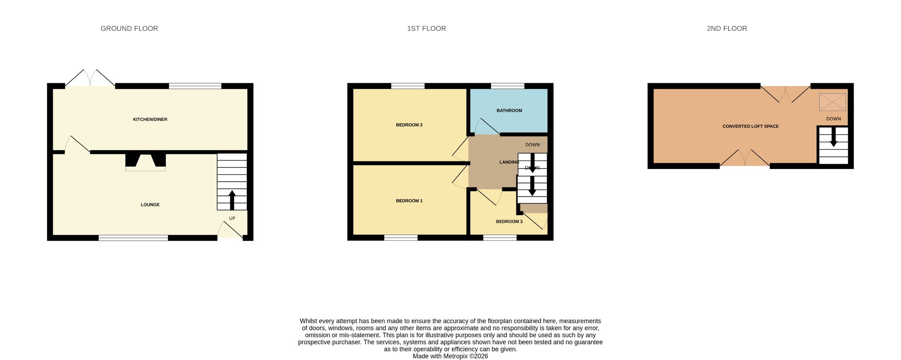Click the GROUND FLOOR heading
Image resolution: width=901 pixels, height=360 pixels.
coord(129,29)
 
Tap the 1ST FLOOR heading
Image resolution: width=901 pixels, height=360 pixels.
coord(426,29)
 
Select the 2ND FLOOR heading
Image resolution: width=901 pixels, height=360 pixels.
coord(727,29)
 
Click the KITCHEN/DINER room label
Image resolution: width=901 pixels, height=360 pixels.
coord(150,119)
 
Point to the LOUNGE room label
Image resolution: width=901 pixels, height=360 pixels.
coord(150,205)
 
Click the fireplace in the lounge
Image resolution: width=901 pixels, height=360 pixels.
coord(146,162)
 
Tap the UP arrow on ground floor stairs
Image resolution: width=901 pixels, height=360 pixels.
coord(232,200)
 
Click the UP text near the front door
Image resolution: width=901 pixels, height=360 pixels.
coord(232,218)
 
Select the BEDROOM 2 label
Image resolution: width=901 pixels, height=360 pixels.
coord(409,125)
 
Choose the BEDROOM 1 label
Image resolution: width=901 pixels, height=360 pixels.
coord(409,201)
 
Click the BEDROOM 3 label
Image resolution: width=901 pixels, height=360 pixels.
coord(509,221)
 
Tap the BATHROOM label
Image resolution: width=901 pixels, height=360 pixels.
coord(509,110)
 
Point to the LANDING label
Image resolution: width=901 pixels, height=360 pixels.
coord(509,162)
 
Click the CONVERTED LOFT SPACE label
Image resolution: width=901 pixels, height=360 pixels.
coord(751,126)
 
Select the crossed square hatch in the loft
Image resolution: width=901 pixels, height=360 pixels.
coord(832,102)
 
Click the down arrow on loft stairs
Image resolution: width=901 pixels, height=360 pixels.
coord(833,137)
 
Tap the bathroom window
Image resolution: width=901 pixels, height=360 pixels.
coord(508,86)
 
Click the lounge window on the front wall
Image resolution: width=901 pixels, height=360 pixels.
coord(133,238)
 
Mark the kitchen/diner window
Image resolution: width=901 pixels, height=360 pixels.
coord(195,86)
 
